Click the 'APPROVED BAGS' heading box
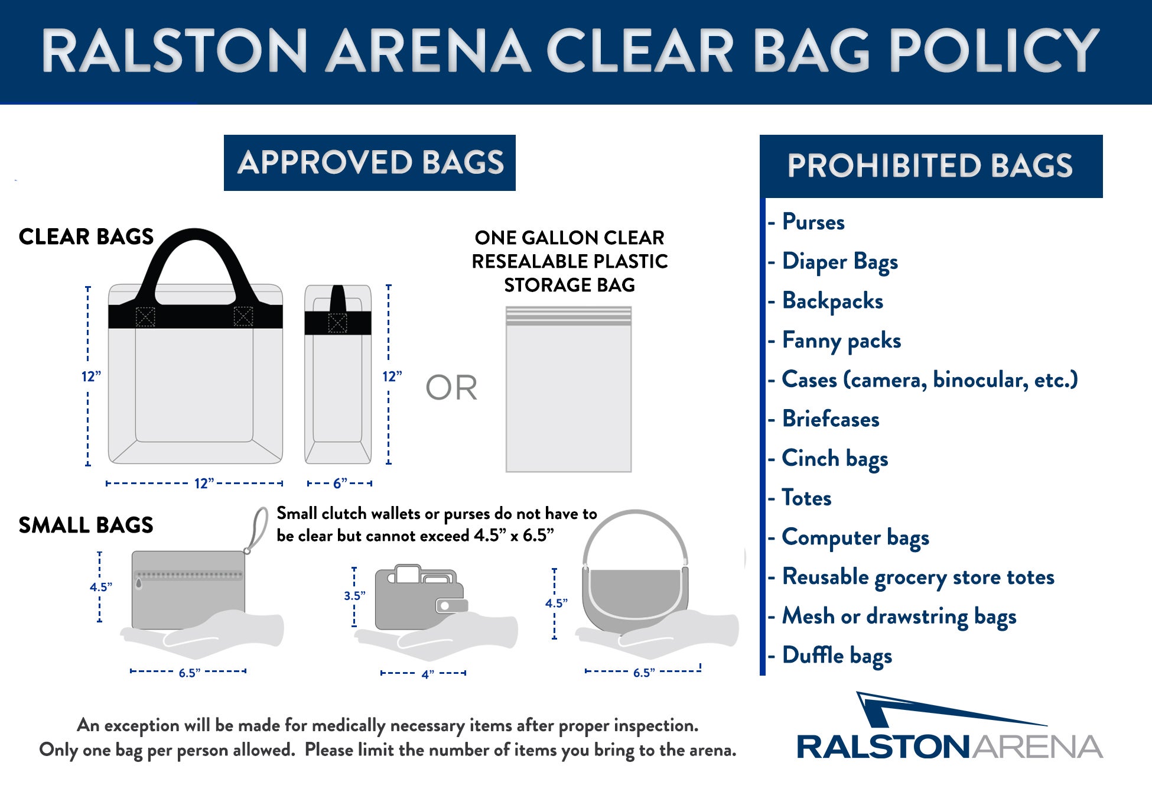[370, 163]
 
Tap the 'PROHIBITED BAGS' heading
[930, 166]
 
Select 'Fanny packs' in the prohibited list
[841, 341]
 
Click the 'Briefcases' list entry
[831, 419]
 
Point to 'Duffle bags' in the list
[837, 656]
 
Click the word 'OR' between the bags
[451, 388]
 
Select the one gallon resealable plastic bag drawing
[568, 389]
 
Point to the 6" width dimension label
[340, 484]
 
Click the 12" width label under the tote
[204, 484]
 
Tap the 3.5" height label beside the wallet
[354, 596]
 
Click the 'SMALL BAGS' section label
[86, 525]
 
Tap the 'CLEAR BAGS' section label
[86, 236]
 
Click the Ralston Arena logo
[949, 726]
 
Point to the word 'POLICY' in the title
[994, 51]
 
